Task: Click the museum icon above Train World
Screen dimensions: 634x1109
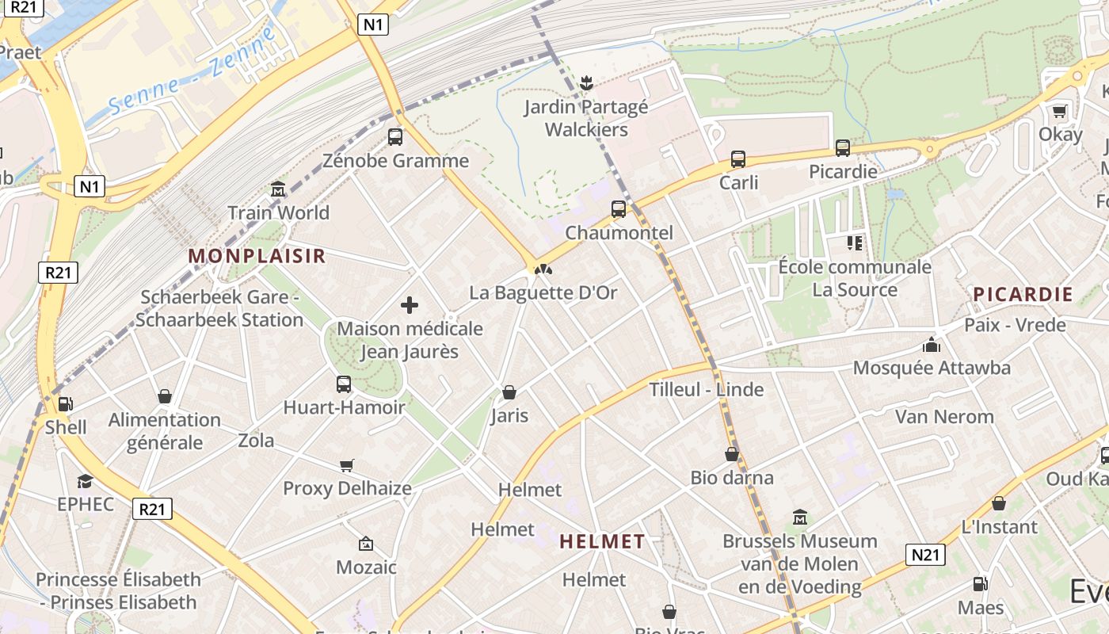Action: click(x=278, y=189)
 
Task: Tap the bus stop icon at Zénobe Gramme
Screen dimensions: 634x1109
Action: click(x=395, y=137)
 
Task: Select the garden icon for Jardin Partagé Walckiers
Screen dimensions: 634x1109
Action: click(x=586, y=82)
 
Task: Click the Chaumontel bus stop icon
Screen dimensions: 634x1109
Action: click(x=619, y=209)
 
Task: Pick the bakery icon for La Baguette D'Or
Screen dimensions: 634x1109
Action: click(x=543, y=269)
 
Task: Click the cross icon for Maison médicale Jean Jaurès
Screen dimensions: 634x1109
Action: click(x=410, y=305)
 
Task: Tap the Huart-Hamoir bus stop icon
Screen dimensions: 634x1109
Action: click(x=344, y=384)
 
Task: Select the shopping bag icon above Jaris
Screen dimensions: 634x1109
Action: click(x=509, y=392)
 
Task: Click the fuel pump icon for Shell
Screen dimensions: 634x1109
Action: click(x=66, y=404)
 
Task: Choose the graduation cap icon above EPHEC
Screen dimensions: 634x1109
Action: click(x=85, y=481)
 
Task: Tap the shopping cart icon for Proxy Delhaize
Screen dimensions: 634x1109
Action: click(x=347, y=465)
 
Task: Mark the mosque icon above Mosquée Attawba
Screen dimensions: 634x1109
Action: click(x=932, y=345)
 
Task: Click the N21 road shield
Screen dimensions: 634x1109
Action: click(x=925, y=555)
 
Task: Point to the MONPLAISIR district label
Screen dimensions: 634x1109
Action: click(x=257, y=256)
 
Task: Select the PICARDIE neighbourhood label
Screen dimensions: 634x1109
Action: click(x=1023, y=295)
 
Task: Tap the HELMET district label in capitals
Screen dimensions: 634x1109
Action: click(x=602, y=542)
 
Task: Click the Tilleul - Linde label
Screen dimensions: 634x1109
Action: click(x=707, y=390)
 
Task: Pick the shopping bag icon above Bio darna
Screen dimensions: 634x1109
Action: click(x=732, y=455)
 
